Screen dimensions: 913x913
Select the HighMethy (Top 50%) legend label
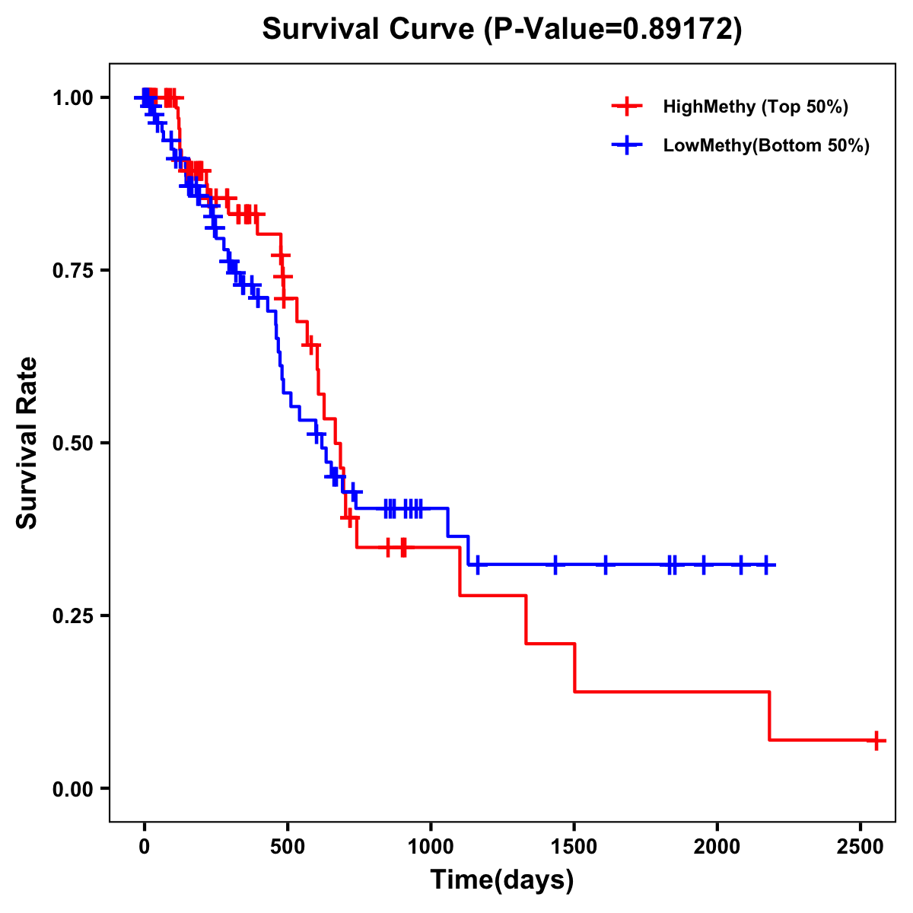755,107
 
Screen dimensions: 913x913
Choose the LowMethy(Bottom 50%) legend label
765,145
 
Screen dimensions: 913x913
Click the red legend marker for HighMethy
626,107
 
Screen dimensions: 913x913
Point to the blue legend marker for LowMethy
626,145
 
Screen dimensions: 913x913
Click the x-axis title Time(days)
502,880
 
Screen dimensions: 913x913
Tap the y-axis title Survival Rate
27,443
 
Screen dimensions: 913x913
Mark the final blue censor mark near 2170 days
766,565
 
